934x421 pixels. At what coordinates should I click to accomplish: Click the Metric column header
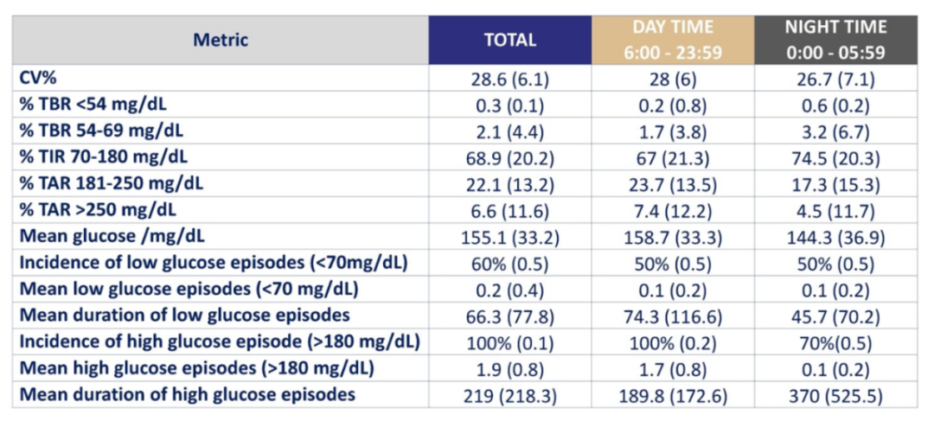(x=221, y=40)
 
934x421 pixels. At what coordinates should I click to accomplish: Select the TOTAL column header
(x=510, y=40)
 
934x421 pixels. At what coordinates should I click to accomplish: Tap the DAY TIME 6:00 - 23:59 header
(x=673, y=40)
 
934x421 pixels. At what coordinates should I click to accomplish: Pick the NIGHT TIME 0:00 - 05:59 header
(x=835, y=40)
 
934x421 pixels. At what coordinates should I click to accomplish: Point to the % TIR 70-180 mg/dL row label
(x=104, y=157)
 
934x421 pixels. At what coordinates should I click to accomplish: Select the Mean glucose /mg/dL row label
(x=112, y=236)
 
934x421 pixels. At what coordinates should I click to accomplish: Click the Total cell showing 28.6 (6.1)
(x=510, y=79)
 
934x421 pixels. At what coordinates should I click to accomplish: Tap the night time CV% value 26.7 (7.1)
(x=835, y=79)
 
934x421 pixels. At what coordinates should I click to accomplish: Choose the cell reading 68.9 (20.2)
(x=510, y=158)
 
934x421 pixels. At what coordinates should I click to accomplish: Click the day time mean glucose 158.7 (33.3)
(x=673, y=237)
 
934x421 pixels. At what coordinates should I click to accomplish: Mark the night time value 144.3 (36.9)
(x=835, y=237)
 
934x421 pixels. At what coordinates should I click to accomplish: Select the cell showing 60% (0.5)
(x=510, y=263)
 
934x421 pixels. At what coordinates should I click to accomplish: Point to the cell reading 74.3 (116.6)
(x=673, y=316)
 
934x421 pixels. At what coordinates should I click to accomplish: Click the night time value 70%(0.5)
(x=835, y=342)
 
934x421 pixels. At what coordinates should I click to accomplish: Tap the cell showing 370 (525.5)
(x=835, y=395)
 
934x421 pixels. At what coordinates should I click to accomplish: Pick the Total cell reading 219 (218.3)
(x=510, y=395)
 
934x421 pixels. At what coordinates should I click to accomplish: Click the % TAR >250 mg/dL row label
(x=99, y=210)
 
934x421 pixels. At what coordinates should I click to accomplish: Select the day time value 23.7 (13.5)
(x=673, y=184)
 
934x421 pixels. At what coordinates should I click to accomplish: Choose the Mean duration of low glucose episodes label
(x=185, y=315)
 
